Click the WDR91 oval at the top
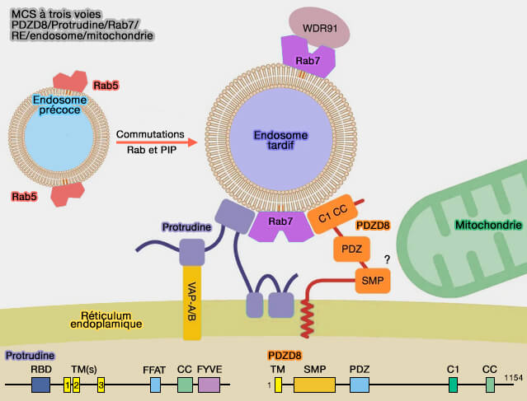tap(318, 28)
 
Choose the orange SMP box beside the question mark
tap(372, 281)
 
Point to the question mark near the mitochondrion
tap(386, 259)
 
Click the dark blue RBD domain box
tap(41, 384)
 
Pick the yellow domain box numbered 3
tap(101, 385)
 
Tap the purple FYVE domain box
tap(209, 384)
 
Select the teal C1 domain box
tap(453, 384)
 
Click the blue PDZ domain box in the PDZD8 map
tap(359, 384)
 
